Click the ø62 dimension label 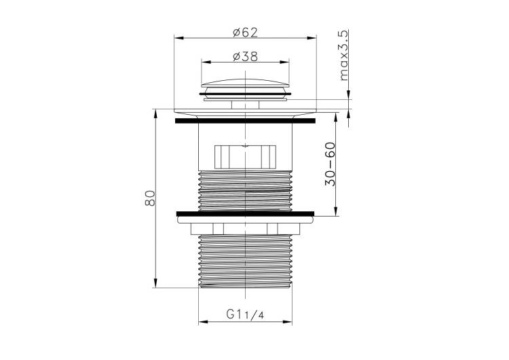click(246, 33)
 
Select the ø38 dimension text click(246, 56)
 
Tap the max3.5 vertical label click(343, 55)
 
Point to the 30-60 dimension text click(330, 164)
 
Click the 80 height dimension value click(150, 198)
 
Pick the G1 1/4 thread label click(245, 314)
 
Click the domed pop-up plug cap click(245, 83)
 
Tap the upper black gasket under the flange click(245, 121)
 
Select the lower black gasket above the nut click(246, 214)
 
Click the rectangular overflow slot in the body click(245, 158)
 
